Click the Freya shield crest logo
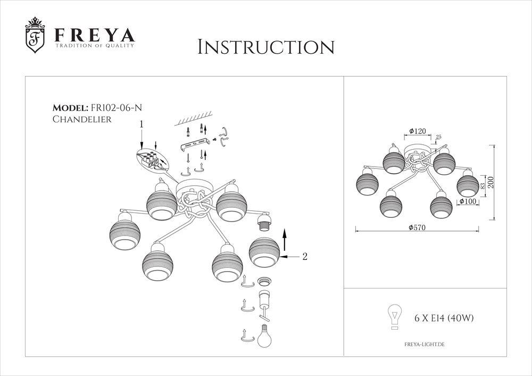tap(35, 35)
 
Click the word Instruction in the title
tap(266, 47)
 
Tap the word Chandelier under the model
tap(82, 119)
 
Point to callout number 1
tap(142, 124)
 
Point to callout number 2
tap(305, 257)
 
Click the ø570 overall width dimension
tap(417, 227)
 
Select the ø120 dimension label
tap(417, 131)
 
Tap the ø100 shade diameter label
tap(468, 202)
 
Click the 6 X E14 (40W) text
tap(444, 318)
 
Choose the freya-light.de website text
tap(425, 345)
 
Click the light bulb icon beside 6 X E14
tap(395, 316)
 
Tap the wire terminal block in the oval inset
tap(151, 159)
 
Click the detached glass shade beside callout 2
tap(264, 252)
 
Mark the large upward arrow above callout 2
tap(284, 239)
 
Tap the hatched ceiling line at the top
tap(193, 118)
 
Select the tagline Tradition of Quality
tap(95, 45)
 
